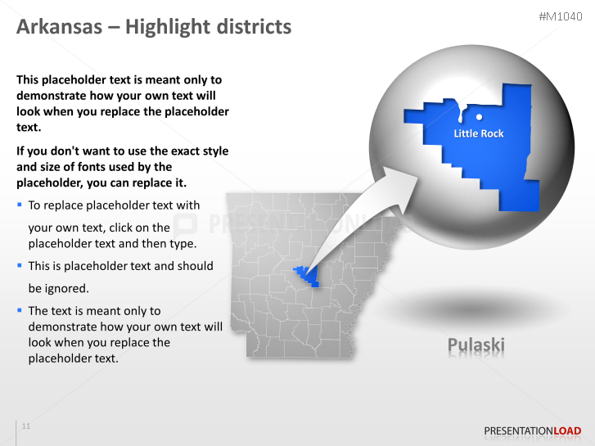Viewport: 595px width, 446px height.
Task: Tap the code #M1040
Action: point(561,16)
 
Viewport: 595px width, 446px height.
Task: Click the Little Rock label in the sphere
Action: point(479,133)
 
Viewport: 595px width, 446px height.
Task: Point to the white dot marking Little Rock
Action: point(479,117)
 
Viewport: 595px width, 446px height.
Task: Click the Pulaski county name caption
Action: point(476,345)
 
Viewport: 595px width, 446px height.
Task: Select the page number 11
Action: point(26,426)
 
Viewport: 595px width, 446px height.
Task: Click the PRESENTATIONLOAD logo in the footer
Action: point(532,430)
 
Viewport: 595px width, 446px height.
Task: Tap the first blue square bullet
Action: point(20,204)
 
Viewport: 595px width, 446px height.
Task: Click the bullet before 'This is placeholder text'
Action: point(20,264)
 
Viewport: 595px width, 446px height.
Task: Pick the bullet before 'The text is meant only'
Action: point(20,309)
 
